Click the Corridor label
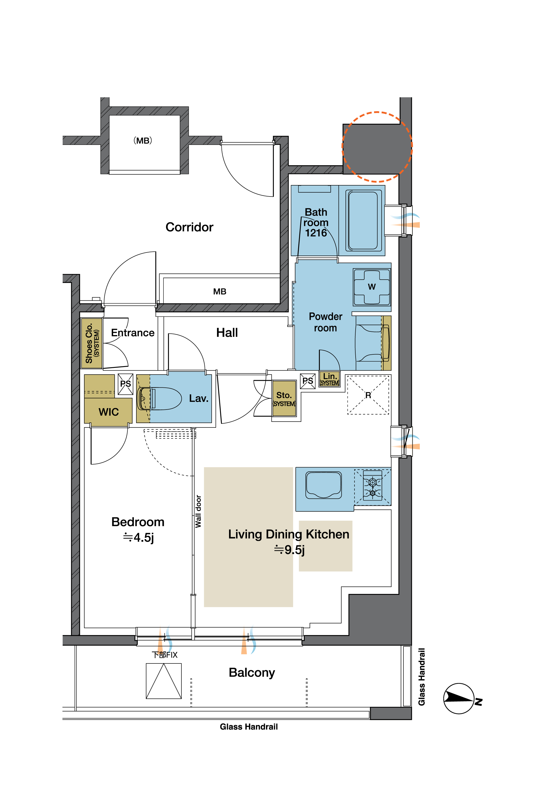pyautogui.click(x=189, y=227)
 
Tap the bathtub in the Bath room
pyautogui.click(x=363, y=221)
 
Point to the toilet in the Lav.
pyautogui.click(x=159, y=399)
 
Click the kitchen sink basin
pyautogui.click(x=323, y=485)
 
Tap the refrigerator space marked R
pyautogui.click(x=368, y=395)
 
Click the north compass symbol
pyautogui.click(x=459, y=698)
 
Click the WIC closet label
pyautogui.click(x=109, y=412)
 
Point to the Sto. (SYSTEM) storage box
pyautogui.click(x=284, y=399)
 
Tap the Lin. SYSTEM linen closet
pyautogui.click(x=330, y=379)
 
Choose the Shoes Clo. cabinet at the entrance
pyautogui.click(x=92, y=343)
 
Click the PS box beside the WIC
pyautogui.click(x=125, y=384)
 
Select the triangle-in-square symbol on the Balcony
pyautogui.click(x=164, y=681)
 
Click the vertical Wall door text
pyautogui.click(x=198, y=511)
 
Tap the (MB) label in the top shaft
pyautogui.click(x=143, y=141)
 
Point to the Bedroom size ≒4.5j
pyautogui.click(x=138, y=537)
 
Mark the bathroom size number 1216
pyautogui.click(x=316, y=233)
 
